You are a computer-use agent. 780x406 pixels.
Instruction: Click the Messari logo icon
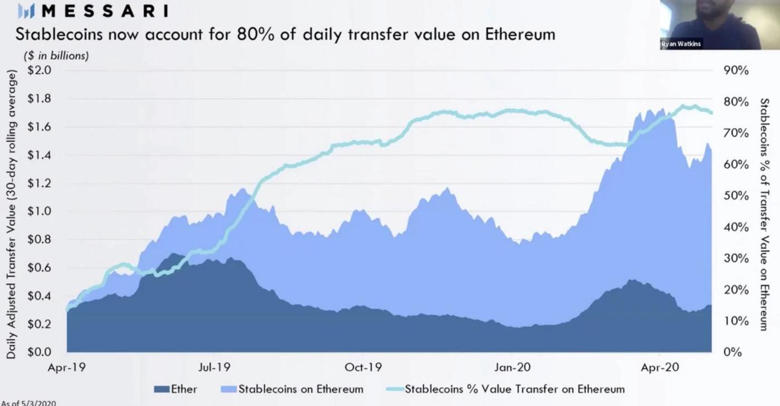[x=26, y=11]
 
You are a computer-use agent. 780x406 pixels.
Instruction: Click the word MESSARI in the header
[x=105, y=11]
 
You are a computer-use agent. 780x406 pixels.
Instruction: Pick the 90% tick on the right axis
[x=737, y=71]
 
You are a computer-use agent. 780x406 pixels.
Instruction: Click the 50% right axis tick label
[x=737, y=196]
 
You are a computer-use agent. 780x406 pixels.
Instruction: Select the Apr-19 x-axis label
[x=67, y=368]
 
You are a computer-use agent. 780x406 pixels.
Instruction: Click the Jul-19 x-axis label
[x=214, y=368]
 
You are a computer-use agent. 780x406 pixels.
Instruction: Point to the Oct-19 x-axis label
[x=363, y=368]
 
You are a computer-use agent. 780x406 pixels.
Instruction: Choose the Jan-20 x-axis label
[x=511, y=368]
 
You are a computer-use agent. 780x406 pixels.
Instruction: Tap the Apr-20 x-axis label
[x=660, y=368]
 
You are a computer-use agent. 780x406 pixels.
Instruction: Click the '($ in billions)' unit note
[x=56, y=56]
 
